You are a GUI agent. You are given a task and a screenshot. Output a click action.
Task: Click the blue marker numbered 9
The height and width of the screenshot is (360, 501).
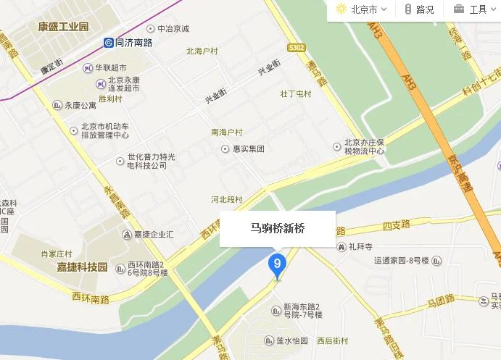(x=276, y=264)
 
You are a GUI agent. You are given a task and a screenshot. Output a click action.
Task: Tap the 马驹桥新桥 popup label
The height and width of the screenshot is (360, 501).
(x=278, y=228)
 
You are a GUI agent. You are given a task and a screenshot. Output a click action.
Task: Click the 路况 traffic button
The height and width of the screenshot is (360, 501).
(x=420, y=9)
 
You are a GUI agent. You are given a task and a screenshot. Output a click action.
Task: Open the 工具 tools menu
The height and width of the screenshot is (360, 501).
(x=471, y=9)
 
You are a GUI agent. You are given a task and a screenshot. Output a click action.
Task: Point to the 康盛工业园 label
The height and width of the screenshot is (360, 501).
(x=63, y=26)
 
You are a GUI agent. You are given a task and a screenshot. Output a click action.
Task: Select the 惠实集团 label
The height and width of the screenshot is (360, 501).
(x=243, y=148)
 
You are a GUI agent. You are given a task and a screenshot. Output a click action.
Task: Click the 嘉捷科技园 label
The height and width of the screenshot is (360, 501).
(x=82, y=267)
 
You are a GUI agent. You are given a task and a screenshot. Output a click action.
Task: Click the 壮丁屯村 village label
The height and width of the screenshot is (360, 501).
(x=295, y=94)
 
